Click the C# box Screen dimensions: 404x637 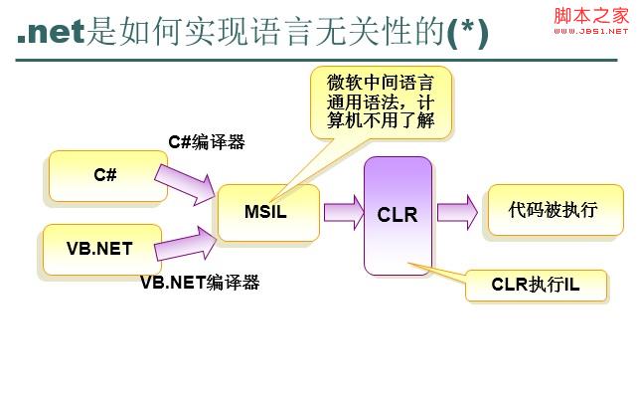click(x=105, y=175)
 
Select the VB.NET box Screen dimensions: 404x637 click(x=99, y=249)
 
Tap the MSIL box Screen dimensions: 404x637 click(x=265, y=212)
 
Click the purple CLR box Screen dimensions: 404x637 click(x=398, y=215)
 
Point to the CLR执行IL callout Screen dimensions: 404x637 click(x=535, y=285)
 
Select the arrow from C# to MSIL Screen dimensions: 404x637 click(x=186, y=180)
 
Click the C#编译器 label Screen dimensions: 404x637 click(x=207, y=142)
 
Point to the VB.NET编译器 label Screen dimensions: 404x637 click(x=200, y=282)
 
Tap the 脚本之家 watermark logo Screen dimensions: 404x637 click(x=591, y=14)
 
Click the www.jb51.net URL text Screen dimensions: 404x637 click(x=591, y=31)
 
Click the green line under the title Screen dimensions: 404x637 click(x=318, y=60)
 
